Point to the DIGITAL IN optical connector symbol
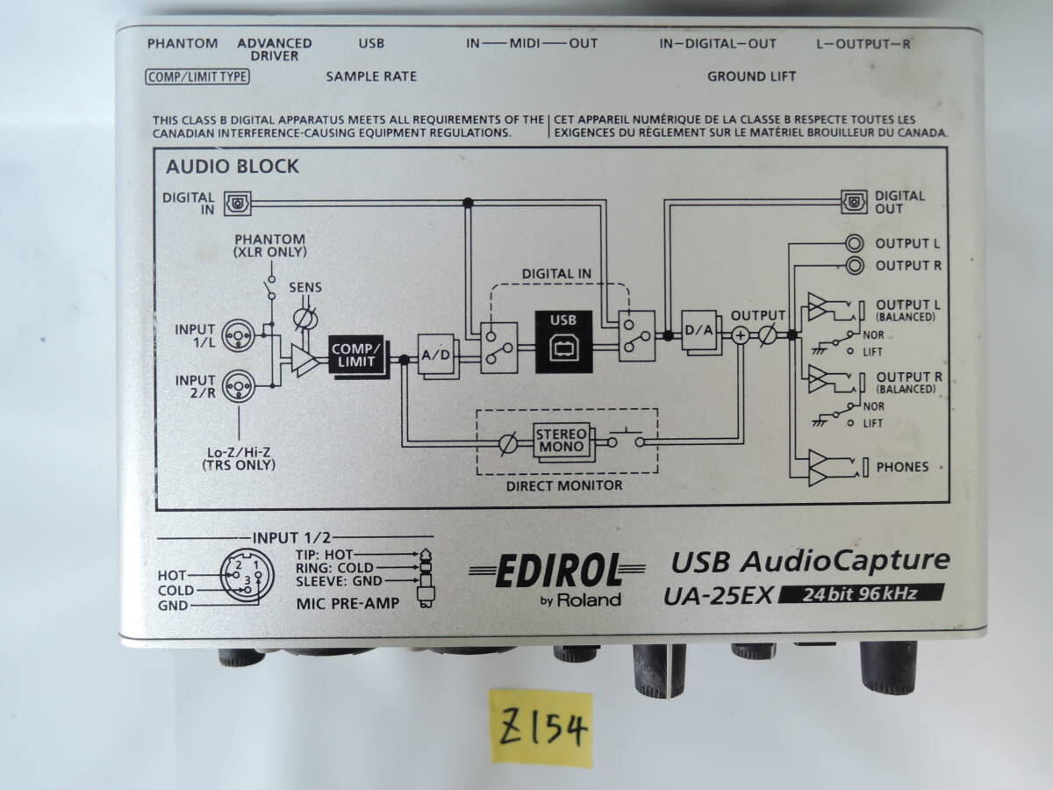click(x=238, y=202)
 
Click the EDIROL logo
click(x=558, y=573)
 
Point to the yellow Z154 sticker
click(x=541, y=729)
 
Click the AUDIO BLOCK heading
click(x=233, y=166)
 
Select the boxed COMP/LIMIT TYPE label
click(x=197, y=76)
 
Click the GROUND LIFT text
click(x=751, y=76)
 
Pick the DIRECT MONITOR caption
click(x=565, y=485)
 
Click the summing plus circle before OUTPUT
click(x=741, y=334)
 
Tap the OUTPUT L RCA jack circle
click(x=853, y=243)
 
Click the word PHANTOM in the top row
click(x=183, y=43)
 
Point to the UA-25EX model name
click(x=717, y=595)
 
